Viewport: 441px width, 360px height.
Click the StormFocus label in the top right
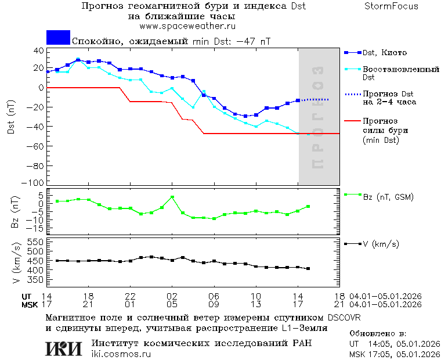(391, 6)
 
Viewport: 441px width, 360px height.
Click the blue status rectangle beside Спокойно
(58, 37)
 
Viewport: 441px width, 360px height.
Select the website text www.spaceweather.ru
(187, 26)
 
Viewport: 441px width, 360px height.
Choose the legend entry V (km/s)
(381, 244)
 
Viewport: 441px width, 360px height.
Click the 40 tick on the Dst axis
(39, 51)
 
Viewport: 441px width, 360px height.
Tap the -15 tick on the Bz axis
(37, 230)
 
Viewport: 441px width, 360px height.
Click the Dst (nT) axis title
(11, 119)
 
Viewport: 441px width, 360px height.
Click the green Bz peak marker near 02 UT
(172, 197)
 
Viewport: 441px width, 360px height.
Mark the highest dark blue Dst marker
(78, 60)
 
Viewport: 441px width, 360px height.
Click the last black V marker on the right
(308, 268)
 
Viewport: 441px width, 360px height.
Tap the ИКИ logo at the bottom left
(64, 348)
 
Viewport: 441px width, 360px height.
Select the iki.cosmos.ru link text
(121, 354)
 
